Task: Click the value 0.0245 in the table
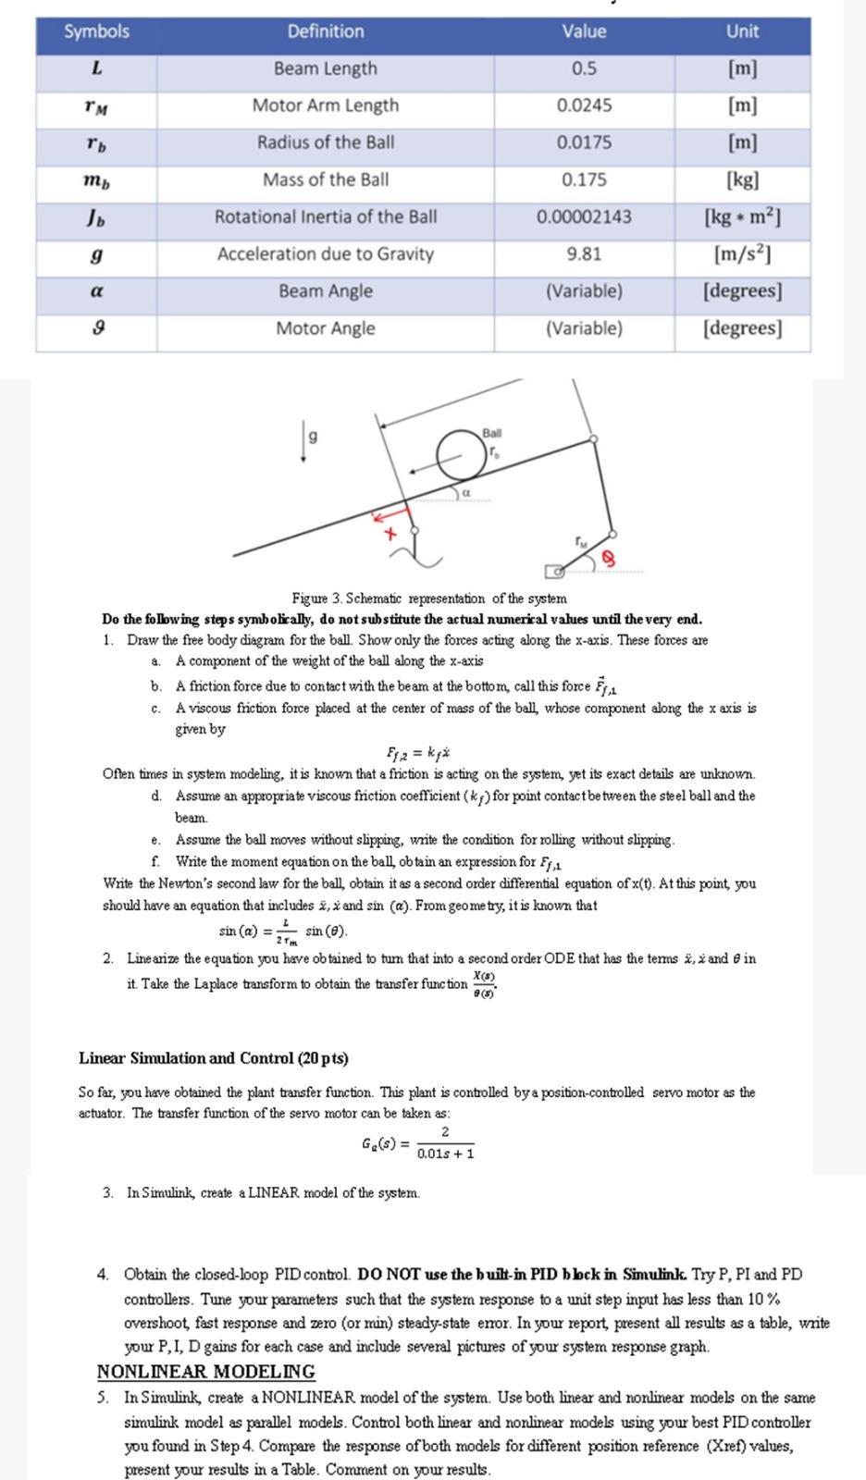point(584,105)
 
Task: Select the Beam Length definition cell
point(325,68)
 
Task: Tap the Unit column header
point(742,31)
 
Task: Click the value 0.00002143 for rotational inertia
point(584,216)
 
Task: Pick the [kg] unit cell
point(742,179)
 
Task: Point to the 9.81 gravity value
point(584,253)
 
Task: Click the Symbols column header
point(96,31)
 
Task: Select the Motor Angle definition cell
point(325,328)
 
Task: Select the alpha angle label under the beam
point(466,494)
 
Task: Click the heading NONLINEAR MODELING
point(205,1372)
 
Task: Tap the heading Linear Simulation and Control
point(214,1057)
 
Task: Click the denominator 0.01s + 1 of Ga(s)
point(445,1153)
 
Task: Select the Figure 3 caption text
point(428,598)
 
